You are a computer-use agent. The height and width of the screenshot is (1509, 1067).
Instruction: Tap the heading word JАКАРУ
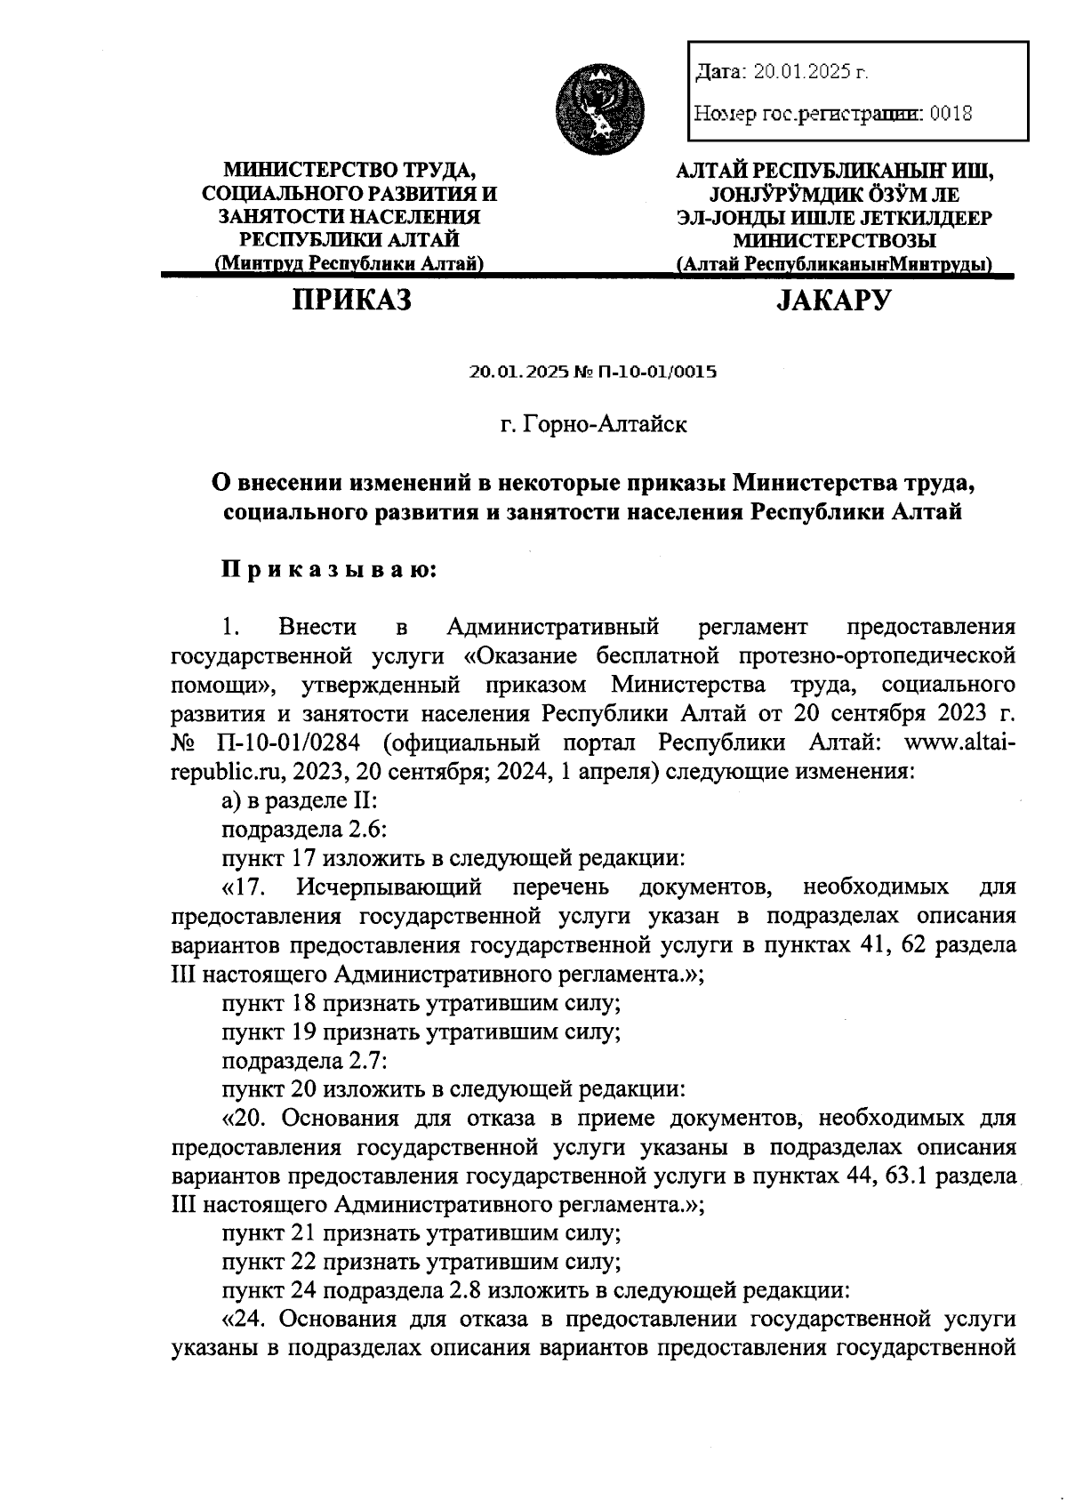(x=833, y=301)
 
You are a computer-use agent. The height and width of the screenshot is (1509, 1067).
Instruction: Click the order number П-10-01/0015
(x=658, y=372)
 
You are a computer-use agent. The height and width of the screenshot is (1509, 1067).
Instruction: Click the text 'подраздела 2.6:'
(x=302, y=829)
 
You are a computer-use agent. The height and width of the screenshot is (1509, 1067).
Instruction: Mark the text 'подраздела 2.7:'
(x=302, y=1059)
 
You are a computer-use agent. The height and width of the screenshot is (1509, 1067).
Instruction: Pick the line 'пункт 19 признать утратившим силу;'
(x=421, y=1031)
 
